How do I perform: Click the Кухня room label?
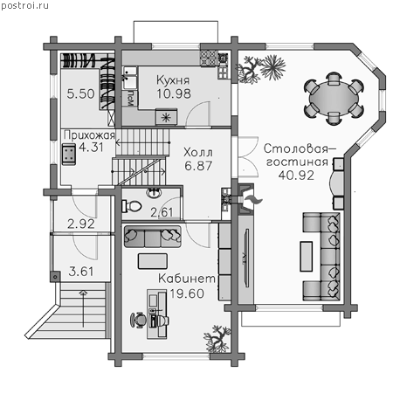[x=173, y=80]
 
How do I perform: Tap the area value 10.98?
[x=174, y=93]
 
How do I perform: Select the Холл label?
[x=198, y=152]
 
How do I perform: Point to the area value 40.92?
[x=296, y=176]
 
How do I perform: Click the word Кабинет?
[x=187, y=279]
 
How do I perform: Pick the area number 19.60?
[x=187, y=293]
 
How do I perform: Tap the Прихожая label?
[x=89, y=135]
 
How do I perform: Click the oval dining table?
[x=334, y=99]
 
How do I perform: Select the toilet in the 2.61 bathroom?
[x=132, y=206]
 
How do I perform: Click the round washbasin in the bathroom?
[x=155, y=193]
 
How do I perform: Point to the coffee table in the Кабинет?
[x=153, y=261]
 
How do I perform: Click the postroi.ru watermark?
[x=25, y=6]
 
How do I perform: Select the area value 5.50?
[x=80, y=93]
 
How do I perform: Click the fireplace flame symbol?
[x=253, y=200]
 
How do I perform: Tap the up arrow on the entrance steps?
[x=83, y=308]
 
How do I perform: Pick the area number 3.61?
[x=81, y=272]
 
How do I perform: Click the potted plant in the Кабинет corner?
[x=217, y=339]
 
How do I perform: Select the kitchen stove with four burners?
[x=209, y=58]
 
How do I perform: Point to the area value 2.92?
[x=81, y=224]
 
